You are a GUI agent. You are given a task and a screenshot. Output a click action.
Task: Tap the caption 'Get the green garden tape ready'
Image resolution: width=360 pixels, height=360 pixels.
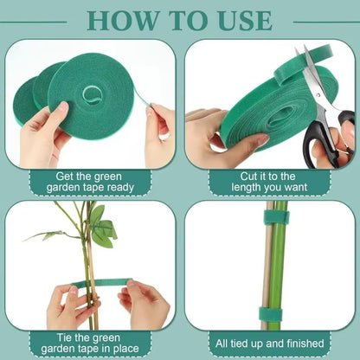(90, 180)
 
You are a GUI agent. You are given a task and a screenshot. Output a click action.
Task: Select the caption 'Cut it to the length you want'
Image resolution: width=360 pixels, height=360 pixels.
(269, 180)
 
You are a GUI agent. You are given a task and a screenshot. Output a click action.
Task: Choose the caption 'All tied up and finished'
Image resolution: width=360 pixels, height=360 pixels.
(269, 343)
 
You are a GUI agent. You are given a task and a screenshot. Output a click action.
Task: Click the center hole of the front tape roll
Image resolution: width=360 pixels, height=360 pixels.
(92, 93)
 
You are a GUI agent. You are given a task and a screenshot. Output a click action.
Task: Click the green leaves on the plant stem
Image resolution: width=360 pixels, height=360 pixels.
(102, 227)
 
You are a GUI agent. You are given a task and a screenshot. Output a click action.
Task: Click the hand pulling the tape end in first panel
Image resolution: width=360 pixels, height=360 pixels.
(159, 130)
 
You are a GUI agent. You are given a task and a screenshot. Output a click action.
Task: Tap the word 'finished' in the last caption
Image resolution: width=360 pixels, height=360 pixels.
(305, 343)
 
